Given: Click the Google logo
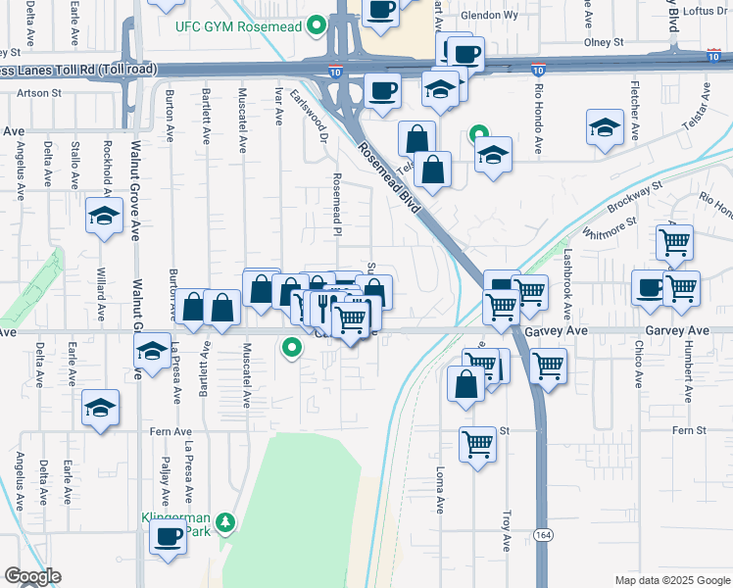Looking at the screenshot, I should [32, 576].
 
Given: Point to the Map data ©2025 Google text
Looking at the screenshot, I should [672, 580].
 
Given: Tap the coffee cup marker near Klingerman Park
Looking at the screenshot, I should [168, 537].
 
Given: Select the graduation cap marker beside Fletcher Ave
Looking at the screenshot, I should [605, 127].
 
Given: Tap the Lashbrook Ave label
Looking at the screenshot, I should [566, 283].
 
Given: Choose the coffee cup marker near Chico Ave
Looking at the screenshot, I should [650, 287].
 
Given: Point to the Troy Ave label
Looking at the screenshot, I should [507, 529].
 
